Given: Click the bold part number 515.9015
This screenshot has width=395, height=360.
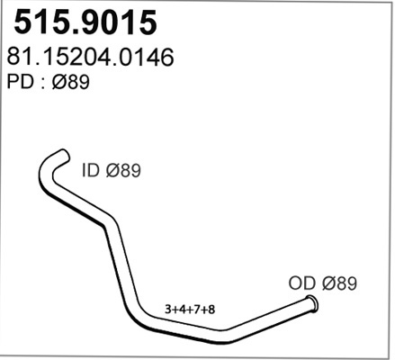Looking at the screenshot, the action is coord(85,22).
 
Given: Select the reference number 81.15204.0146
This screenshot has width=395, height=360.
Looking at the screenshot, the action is coord(90,57).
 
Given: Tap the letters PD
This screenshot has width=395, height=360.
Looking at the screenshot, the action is coord(20,82).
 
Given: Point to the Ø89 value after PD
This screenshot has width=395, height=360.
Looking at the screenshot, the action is coord(71,82).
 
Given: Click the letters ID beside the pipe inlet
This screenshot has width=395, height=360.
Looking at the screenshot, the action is coord(90,170).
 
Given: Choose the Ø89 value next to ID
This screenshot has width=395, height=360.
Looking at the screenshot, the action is coord(123,170).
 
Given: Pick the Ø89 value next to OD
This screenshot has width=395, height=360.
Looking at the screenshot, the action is coord(339,283).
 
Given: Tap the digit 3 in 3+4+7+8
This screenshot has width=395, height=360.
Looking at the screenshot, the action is coord(167,310).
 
